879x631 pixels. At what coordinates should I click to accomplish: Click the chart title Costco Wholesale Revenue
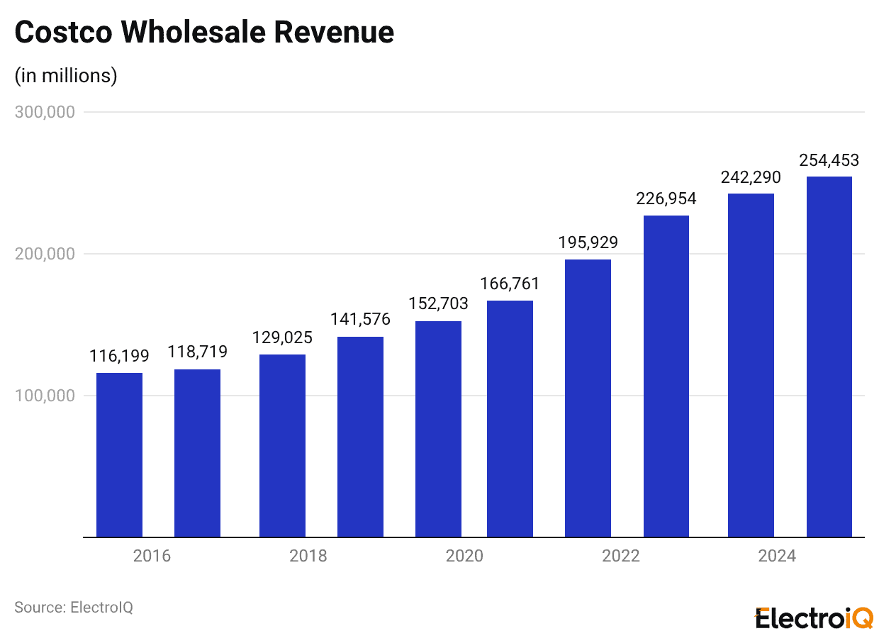click(204, 32)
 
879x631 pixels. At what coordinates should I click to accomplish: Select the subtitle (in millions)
click(66, 75)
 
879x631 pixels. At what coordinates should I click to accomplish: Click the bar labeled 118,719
click(197, 453)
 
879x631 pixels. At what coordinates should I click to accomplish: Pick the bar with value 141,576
click(360, 437)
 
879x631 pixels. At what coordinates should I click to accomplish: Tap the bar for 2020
click(438, 429)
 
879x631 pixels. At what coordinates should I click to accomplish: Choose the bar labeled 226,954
click(666, 376)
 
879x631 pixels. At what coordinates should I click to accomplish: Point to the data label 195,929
click(588, 242)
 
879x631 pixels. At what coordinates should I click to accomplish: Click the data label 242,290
click(751, 177)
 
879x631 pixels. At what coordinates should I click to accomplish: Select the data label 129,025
click(282, 337)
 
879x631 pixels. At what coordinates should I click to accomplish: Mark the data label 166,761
click(510, 284)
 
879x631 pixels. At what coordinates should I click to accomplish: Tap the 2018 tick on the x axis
click(308, 556)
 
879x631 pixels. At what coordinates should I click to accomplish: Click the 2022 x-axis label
click(621, 556)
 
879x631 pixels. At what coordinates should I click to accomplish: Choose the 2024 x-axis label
click(777, 556)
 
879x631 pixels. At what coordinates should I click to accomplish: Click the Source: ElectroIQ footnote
click(74, 608)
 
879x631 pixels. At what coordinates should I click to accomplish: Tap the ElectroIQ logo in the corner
click(814, 618)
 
